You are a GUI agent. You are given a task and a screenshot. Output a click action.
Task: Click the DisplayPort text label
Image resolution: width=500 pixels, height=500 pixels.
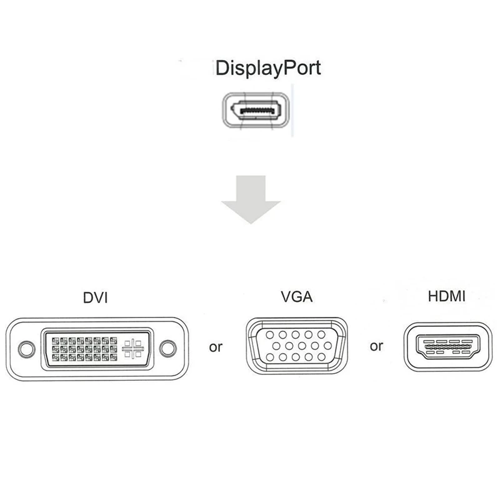coord(267,68)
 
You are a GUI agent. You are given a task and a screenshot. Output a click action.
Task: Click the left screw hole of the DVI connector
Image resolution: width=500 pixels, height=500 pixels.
coord(25,349)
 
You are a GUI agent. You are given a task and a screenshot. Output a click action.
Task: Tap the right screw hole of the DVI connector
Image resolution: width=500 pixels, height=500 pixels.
coord(167,349)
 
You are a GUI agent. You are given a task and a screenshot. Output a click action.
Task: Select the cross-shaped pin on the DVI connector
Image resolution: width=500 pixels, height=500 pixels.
coord(132,349)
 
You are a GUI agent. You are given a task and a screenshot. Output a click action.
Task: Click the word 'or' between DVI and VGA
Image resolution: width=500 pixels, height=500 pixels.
coord(216,347)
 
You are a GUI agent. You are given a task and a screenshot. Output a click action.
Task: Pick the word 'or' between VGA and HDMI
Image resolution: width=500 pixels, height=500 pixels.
coord(376,346)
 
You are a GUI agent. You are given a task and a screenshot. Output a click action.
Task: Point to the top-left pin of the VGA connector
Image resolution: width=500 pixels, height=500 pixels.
coord(270,334)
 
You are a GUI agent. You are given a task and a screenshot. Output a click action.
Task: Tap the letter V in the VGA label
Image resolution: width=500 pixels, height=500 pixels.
coord(286,296)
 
